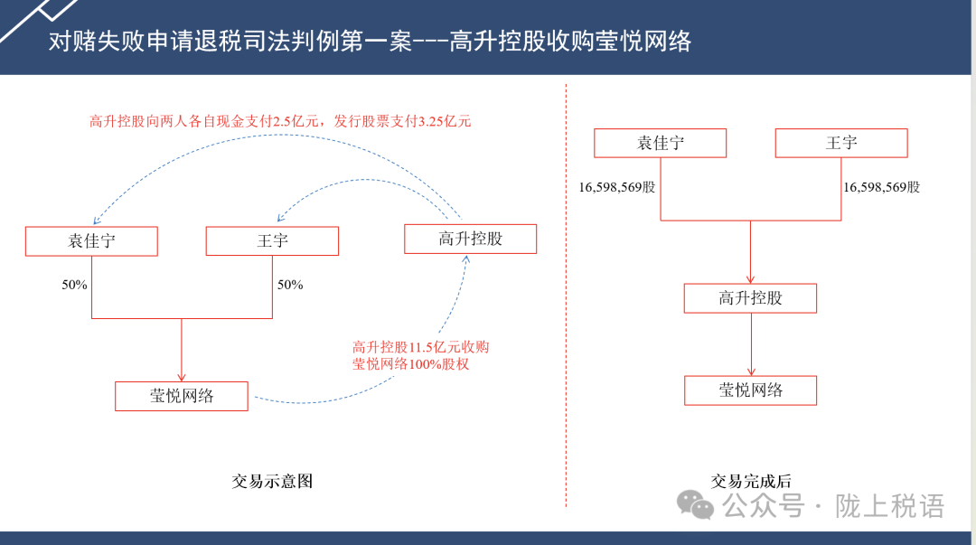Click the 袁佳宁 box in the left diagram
[91, 241]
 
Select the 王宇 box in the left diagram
[272, 240]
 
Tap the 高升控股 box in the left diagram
[471, 240]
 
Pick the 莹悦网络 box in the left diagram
[181, 396]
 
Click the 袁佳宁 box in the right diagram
[660, 144]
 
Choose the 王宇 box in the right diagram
[841, 144]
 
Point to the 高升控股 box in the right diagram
[750, 298]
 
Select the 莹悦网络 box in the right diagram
[750, 390]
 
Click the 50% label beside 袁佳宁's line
[74, 285]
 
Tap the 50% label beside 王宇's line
[290, 285]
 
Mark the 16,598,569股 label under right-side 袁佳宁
[617, 187]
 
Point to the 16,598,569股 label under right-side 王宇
[881, 187]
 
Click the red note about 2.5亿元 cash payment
[280, 121]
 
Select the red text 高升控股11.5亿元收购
[421, 347]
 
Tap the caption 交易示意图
[272, 481]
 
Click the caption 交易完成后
[751, 481]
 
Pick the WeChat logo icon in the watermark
[695, 504]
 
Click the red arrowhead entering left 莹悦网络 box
[181, 378]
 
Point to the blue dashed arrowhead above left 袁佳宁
[96, 221]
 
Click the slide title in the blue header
[370, 41]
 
